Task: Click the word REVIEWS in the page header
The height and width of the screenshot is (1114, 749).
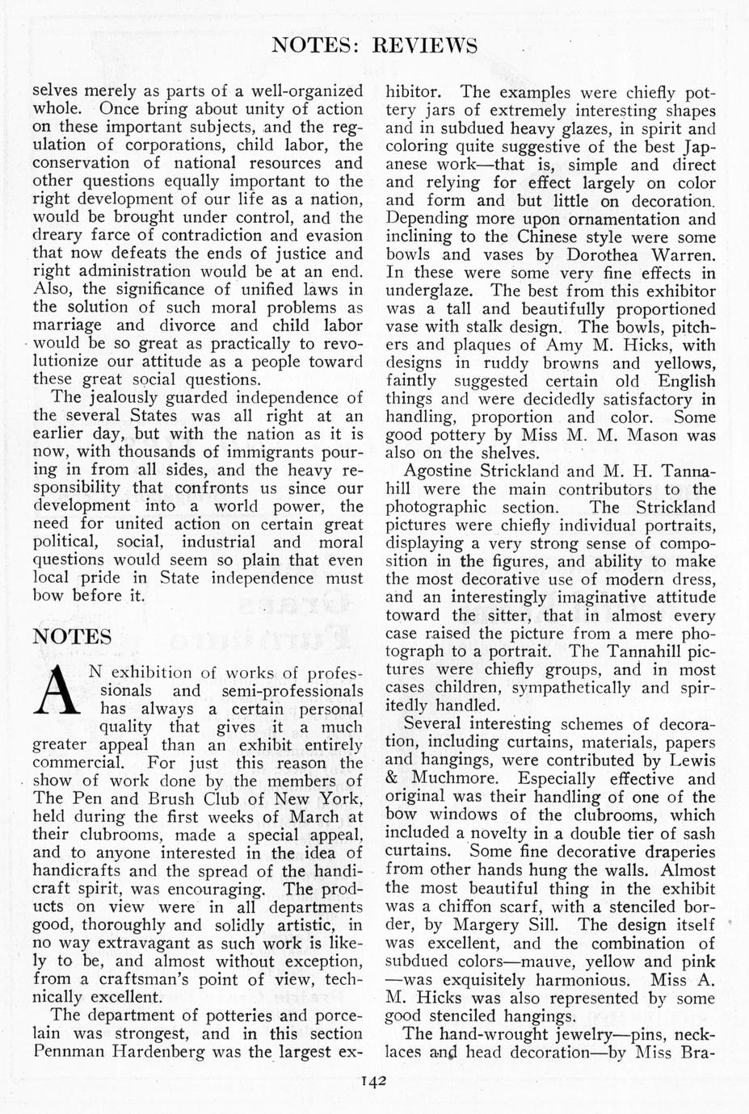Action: [426, 46]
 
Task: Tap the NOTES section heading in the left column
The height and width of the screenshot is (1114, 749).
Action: [73, 636]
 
